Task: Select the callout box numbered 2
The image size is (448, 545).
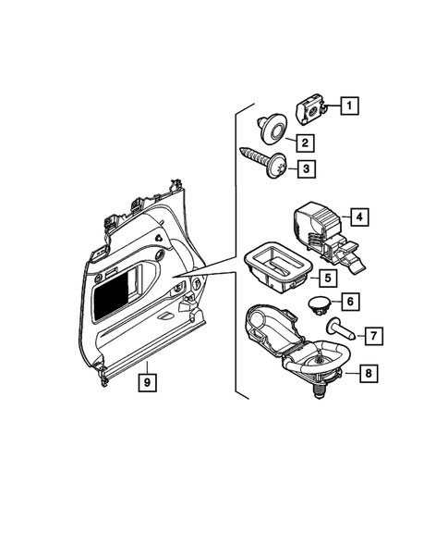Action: pyautogui.click(x=302, y=142)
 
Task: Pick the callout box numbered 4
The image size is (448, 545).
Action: pyautogui.click(x=358, y=218)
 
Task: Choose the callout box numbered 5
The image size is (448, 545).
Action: pyautogui.click(x=329, y=276)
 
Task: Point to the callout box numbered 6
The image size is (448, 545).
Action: pyautogui.click(x=351, y=301)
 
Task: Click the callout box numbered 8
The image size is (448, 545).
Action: pyautogui.click(x=367, y=374)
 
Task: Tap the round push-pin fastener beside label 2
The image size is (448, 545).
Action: pyautogui.click(x=272, y=129)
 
